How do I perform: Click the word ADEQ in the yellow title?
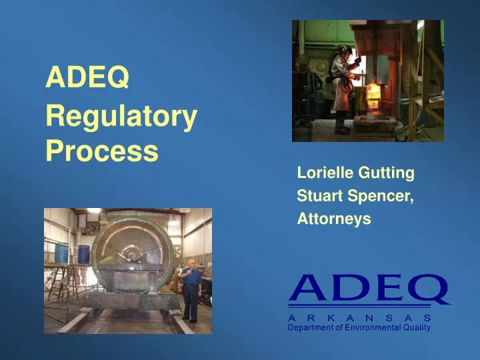click(x=87, y=79)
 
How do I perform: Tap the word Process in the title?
click(x=102, y=152)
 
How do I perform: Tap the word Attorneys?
click(x=333, y=219)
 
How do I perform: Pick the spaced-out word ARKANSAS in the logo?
click(x=360, y=318)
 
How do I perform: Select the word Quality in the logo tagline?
click(x=417, y=327)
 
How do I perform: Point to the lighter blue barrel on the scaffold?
click(x=61, y=253)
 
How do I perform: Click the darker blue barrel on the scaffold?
click(x=83, y=254)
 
